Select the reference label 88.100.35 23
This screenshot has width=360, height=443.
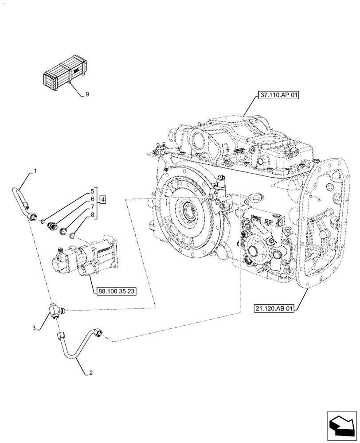point(115,291)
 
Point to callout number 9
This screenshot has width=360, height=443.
point(87,94)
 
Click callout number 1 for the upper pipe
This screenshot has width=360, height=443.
point(35,171)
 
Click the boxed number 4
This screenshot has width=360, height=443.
point(102,200)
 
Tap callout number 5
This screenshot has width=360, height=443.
point(92,191)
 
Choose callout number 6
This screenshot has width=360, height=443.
point(92,199)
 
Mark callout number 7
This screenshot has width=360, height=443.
point(92,207)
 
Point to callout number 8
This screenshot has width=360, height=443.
point(92,215)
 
